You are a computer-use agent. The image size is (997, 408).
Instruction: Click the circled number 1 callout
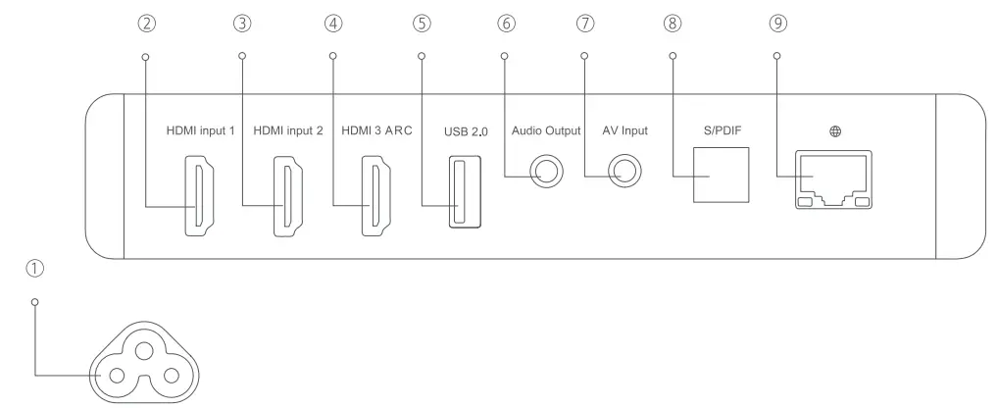click(35, 267)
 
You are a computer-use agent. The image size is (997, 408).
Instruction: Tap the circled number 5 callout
click(423, 23)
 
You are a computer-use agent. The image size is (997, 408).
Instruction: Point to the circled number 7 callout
click(585, 23)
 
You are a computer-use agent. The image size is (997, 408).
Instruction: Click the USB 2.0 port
click(459, 193)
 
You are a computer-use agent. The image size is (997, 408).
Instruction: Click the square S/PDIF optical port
click(721, 174)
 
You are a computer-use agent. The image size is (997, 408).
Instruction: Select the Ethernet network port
click(833, 181)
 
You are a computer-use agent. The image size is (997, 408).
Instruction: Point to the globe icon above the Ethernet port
click(836, 130)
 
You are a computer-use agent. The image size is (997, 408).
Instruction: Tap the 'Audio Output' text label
click(546, 130)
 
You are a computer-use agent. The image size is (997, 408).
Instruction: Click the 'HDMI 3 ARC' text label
click(374, 130)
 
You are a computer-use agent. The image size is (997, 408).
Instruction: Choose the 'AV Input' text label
click(624, 130)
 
